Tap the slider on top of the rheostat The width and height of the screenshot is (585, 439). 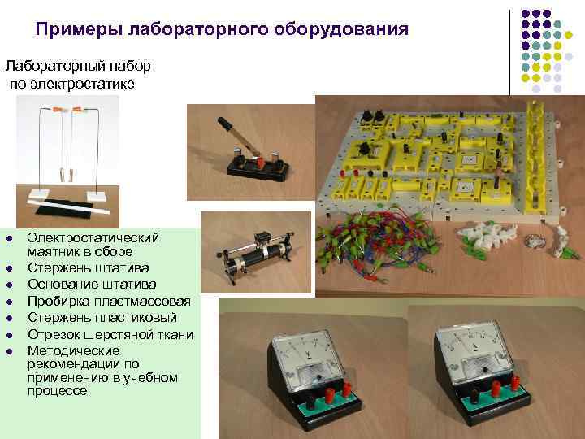(x=262, y=237)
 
